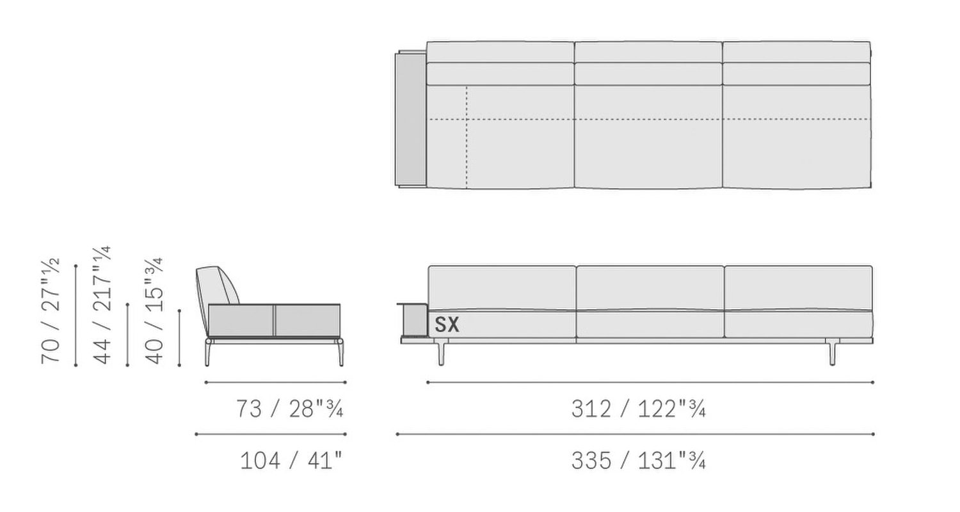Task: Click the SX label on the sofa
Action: click(x=447, y=324)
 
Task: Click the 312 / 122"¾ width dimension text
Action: click(x=639, y=409)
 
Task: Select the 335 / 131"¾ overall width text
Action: click(x=639, y=461)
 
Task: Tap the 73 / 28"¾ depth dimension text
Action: click(x=290, y=409)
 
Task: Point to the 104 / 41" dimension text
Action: click(x=291, y=461)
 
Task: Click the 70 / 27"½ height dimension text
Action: click(x=51, y=311)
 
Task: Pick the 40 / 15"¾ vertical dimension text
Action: click(x=154, y=311)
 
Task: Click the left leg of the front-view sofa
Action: click(x=441, y=352)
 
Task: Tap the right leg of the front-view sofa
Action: click(x=832, y=352)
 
